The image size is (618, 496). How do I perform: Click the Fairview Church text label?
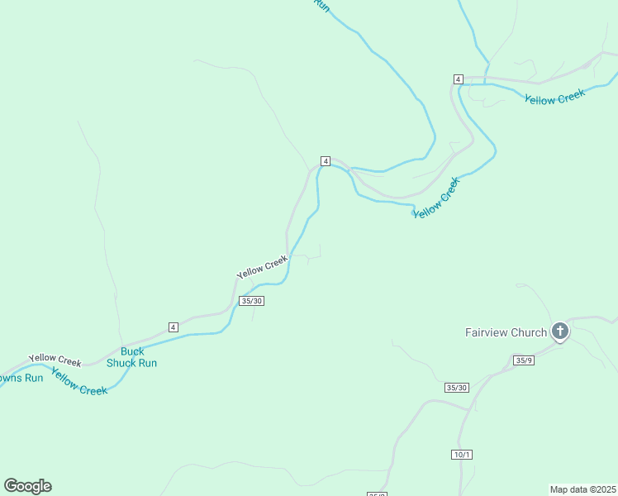[506, 333]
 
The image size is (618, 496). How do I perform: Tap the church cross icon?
[560, 332]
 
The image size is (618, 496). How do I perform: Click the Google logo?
[27, 486]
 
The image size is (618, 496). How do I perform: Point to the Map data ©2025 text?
[583, 489]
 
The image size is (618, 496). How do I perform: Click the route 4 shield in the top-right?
[458, 79]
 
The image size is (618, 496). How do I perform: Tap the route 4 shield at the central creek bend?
[326, 160]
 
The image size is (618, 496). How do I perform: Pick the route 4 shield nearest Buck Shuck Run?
[173, 327]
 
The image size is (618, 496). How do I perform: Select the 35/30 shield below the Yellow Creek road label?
[251, 301]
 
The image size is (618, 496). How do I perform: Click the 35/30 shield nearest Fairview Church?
[456, 388]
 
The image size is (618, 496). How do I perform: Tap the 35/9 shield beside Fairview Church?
[523, 360]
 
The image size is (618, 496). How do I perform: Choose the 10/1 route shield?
[462, 455]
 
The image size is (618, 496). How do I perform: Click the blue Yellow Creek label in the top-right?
[554, 97]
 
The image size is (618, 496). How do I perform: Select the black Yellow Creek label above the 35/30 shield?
[262, 267]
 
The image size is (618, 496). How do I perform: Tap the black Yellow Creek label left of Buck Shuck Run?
[55, 360]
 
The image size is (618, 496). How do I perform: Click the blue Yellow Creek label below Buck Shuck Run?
[79, 382]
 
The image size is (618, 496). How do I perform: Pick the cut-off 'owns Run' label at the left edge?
[21, 379]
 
